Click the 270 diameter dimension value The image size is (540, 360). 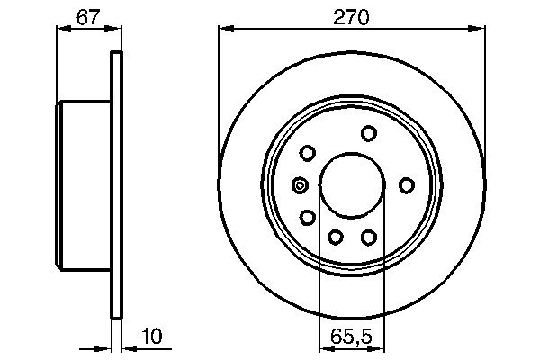(x=352, y=15)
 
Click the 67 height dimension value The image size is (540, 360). (x=87, y=15)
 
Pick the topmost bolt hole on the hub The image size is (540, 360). (x=368, y=133)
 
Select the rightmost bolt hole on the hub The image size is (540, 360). (x=406, y=185)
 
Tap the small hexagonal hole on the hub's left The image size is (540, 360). (x=300, y=185)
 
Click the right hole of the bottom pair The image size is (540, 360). (x=368, y=236)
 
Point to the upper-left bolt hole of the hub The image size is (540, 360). (x=307, y=153)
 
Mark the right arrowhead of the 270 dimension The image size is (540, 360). (x=481, y=29)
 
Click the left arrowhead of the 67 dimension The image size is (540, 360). (x=62, y=29)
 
